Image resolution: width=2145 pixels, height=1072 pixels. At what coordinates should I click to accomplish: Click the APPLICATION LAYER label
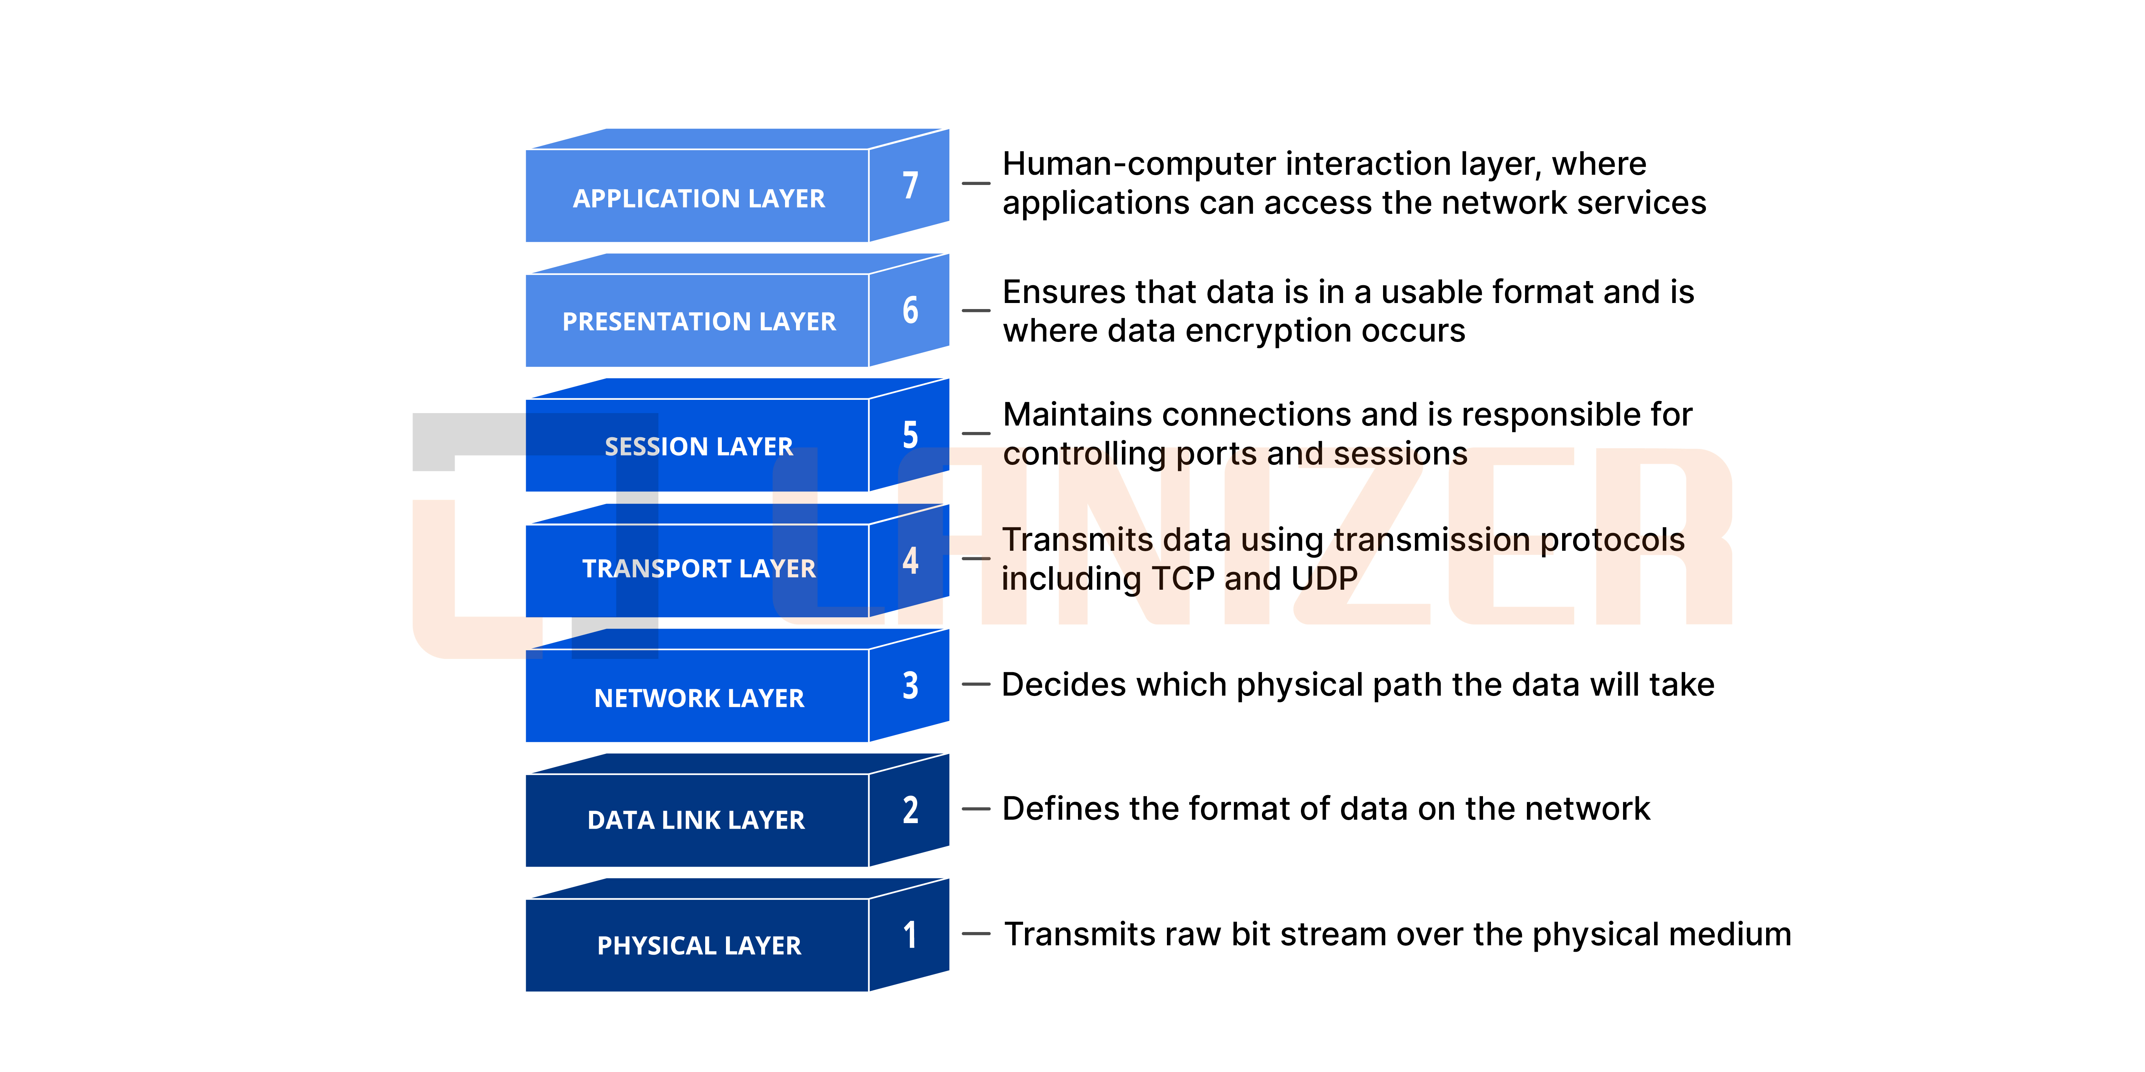[699, 198]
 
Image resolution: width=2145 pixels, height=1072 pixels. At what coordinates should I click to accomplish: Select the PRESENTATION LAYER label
[699, 321]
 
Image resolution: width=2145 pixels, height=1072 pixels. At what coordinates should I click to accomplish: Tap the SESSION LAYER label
[699, 446]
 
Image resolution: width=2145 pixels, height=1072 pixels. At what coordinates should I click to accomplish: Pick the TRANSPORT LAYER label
[699, 569]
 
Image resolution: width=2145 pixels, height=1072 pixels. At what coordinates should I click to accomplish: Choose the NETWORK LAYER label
[699, 698]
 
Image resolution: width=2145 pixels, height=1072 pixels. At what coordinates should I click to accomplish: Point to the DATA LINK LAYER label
[696, 820]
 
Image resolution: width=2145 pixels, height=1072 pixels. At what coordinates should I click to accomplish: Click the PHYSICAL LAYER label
[699, 946]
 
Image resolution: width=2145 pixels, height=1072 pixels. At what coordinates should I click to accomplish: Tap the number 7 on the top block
[910, 185]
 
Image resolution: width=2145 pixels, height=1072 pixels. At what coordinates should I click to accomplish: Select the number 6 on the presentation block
[910, 310]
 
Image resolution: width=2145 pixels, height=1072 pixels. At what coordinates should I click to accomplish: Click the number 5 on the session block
[910, 435]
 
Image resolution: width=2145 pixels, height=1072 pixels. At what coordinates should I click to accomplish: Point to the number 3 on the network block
[910, 685]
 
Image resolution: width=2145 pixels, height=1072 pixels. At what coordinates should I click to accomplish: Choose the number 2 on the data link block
[910, 810]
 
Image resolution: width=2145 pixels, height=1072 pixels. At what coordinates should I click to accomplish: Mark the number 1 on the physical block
[910, 935]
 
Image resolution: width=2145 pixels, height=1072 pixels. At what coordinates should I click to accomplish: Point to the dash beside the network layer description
[976, 684]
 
